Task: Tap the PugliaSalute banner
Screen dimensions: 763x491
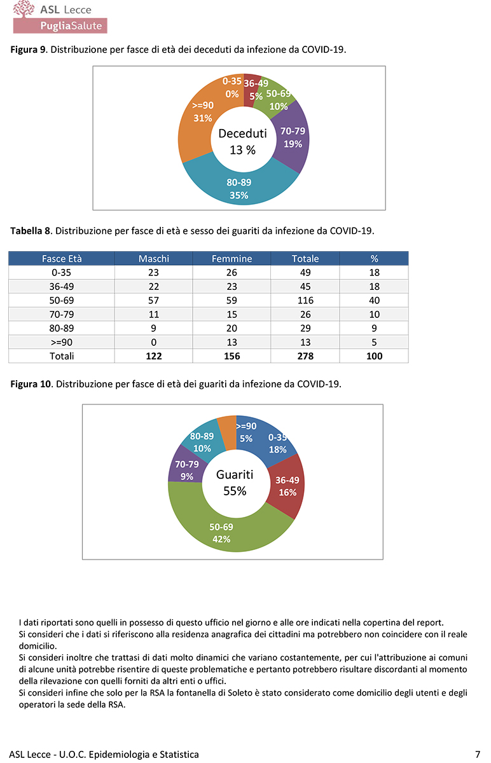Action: (x=60, y=25)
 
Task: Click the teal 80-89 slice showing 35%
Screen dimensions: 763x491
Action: (x=239, y=189)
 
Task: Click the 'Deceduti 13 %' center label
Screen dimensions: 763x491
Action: (x=242, y=141)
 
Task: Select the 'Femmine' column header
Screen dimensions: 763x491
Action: (x=232, y=259)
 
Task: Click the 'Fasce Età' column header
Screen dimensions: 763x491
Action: (x=62, y=259)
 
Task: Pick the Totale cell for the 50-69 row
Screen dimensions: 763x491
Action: (x=305, y=300)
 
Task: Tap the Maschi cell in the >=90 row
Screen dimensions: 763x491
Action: (x=154, y=342)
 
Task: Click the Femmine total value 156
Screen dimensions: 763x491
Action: (x=232, y=356)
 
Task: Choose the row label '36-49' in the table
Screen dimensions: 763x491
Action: (x=62, y=286)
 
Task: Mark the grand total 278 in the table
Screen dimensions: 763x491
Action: (x=305, y=356)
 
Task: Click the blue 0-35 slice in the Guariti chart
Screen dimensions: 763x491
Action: (x=277, y=443)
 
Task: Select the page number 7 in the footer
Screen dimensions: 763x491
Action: (x=477, y=754)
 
